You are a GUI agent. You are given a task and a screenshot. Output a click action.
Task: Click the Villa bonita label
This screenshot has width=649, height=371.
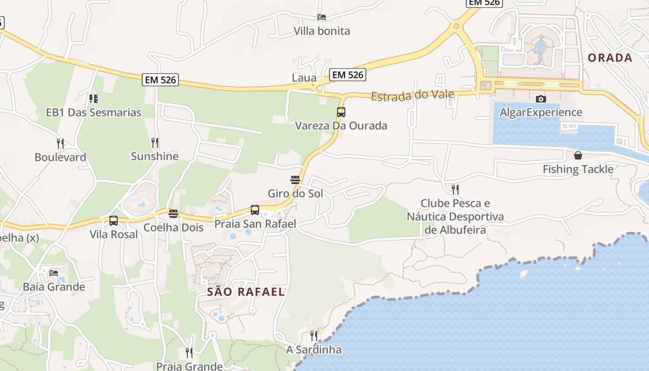[x=322, y=31]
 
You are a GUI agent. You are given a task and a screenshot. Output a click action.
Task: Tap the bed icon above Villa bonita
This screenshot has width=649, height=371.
[x=322, y=17]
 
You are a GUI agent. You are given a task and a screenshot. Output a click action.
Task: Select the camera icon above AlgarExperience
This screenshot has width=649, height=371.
[x=541, y=99]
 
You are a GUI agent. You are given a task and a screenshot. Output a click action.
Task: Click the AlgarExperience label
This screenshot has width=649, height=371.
[x=541, y=112]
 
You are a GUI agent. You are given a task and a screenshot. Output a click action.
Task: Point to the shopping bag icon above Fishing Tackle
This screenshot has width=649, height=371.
[x=578, y=155]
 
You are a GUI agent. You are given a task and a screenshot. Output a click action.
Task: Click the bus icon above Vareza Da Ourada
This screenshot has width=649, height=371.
[x=341, y=112]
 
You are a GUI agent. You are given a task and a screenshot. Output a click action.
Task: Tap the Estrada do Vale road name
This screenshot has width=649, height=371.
[x=412, y=95]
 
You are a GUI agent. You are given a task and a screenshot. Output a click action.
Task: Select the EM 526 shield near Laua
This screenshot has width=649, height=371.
[x=348, y=75]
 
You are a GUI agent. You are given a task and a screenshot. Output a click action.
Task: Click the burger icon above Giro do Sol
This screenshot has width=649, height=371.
[x=295, y=179]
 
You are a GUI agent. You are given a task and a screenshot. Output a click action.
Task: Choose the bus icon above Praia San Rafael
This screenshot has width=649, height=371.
[x=255, y=210]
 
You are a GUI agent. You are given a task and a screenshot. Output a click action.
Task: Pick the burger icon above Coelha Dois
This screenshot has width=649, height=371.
[x=173, y=214]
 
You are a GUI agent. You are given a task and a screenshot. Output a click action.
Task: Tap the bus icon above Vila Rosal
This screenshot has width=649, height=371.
[x=114, y=221]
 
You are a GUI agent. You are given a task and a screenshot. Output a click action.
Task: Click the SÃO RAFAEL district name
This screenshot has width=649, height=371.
[x=246, y=292]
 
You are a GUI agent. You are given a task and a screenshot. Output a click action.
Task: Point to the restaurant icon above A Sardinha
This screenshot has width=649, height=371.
[x=314, y=336]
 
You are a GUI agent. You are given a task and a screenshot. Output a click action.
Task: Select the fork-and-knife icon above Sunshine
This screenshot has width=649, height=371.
[x=155, y=142]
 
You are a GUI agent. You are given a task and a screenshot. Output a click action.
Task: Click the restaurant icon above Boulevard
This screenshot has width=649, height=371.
[x=60, y=143]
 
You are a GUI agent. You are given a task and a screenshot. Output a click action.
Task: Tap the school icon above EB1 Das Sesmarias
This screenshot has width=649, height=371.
[x=94, y=98]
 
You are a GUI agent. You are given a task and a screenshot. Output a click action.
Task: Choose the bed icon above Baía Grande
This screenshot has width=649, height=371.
[x=54, y=273]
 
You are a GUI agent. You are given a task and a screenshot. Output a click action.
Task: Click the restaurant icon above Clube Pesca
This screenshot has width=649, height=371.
[x=455, y=189]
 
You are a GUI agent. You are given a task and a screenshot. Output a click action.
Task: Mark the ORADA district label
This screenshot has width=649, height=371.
[x=610, y=58]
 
